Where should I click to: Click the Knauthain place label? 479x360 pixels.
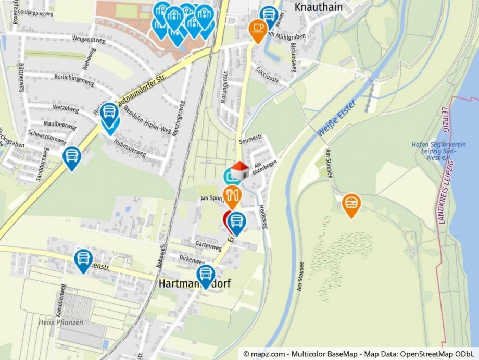pyautogui.click(x=317, y=7)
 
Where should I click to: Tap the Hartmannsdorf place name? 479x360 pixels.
pyautogui.click(x=194, y=284)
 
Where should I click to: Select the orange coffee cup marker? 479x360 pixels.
pyautogui.click(x=258, y=29)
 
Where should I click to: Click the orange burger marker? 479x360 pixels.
pyautogui.click(x=351, y=203)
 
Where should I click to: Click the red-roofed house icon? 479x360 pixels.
pyautogui.click(x=240, y=170)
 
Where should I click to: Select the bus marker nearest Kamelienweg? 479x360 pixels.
pyautogui.click(x=83, y=258)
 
